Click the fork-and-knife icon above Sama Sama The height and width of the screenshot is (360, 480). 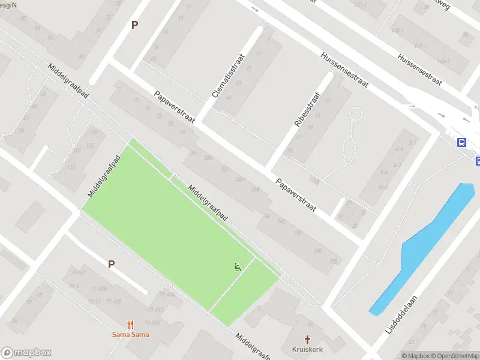tap(130, 325)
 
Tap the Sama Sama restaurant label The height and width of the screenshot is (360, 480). tap(130, 335)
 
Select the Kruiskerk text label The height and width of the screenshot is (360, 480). tap(308, 349)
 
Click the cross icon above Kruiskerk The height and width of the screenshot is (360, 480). tap(308, 339)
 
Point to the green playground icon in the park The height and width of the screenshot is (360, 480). tap(238, 267)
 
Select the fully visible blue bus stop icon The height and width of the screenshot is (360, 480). tap(461, 143)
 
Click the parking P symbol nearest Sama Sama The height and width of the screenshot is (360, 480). tap(111, 264)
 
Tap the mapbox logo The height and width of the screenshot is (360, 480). tap(26, 353)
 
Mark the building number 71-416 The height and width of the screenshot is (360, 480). tap(167, 294)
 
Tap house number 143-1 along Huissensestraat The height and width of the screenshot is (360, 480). tap(426, 62)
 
